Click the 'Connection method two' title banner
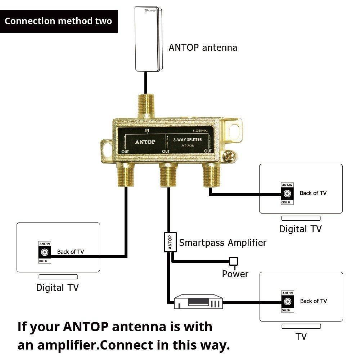(59, 21)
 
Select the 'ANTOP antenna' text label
(203, 48)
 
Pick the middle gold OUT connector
(168, 175)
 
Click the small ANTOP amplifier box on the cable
(170, 242)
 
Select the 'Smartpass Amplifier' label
(222, 243)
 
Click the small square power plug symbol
(234, 261)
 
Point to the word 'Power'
(235, 274)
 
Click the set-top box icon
(198, 302)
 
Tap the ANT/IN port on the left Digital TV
(45, 252)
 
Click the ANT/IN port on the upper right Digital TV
(287, 194)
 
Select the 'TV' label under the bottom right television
(301, 337)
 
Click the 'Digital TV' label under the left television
(57, 288)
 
